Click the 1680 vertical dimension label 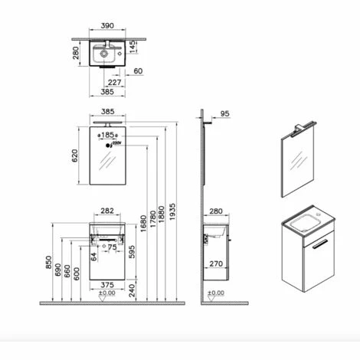pos(145,223)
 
